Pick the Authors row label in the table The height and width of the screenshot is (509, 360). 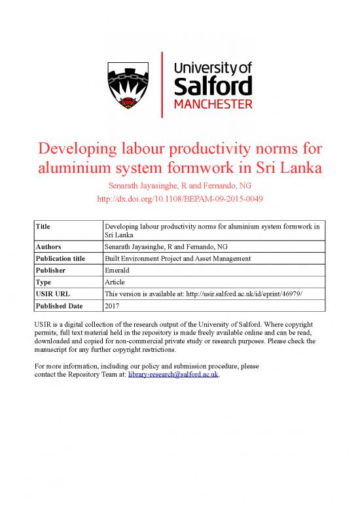49,246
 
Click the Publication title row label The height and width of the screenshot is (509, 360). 61,258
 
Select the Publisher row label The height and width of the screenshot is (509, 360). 52,270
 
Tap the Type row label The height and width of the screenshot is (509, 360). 44,282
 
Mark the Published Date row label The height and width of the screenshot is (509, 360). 60,305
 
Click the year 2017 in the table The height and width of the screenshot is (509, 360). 113,305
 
